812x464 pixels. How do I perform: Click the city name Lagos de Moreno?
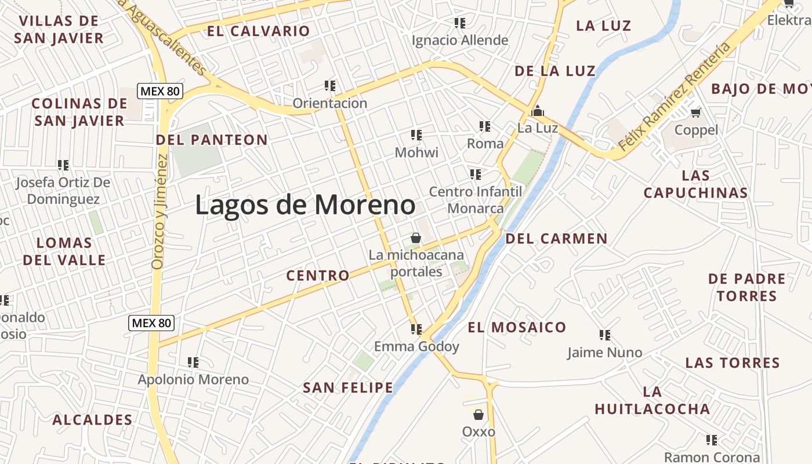point(305,205)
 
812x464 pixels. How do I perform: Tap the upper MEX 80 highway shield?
point(160,91)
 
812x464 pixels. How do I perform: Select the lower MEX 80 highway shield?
point(151,323)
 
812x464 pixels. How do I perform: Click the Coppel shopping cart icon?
point(696,112)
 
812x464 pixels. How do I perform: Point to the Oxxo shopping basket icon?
point(478,414)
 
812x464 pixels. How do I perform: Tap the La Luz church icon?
point(538,110)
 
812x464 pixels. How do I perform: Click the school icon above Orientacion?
point(330,86)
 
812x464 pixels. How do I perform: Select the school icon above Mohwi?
point(416,135)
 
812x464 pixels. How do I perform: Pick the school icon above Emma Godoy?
point(416,329)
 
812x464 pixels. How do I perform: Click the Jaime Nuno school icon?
point(605,335)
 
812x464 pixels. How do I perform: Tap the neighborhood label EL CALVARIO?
point(259,31)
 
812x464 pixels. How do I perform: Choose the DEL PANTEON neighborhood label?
point(212,140)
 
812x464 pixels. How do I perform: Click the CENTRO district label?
point(318,275)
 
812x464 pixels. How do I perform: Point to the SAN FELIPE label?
point(348,387)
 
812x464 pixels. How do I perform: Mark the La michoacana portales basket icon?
point(415,238)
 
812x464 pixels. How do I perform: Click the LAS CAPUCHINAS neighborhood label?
point(695,184)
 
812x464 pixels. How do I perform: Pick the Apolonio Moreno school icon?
point(193,362)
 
